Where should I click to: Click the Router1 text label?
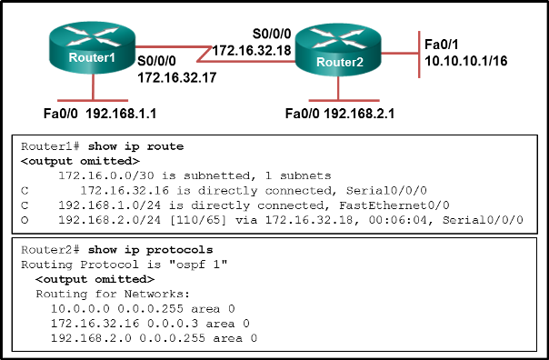pyautogui.click(x=92, y=57)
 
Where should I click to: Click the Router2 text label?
pyautogui.click(x=339, y=62)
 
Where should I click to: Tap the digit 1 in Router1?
pyautogui.click(x=112, y=57)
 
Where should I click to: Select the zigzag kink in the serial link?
pyautogui.click(x=205, y=54)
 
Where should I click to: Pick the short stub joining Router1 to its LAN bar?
pyautogui.click(x=93, y=86)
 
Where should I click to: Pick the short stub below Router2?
pyautogui.click(x=338, y=88)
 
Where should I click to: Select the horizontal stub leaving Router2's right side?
pyautogui.click(x=400, y=53)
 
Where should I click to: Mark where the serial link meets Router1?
pyautogui.click(x=136, y=46)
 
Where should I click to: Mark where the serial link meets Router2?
pyautogui.click(x=294, y=61)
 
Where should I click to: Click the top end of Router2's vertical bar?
pyautogui.click(x=419, y=32)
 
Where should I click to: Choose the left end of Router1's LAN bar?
pyautogui.click(x=59, y=100)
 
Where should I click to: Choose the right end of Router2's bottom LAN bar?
pyautogui.click(x=378, y=100)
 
